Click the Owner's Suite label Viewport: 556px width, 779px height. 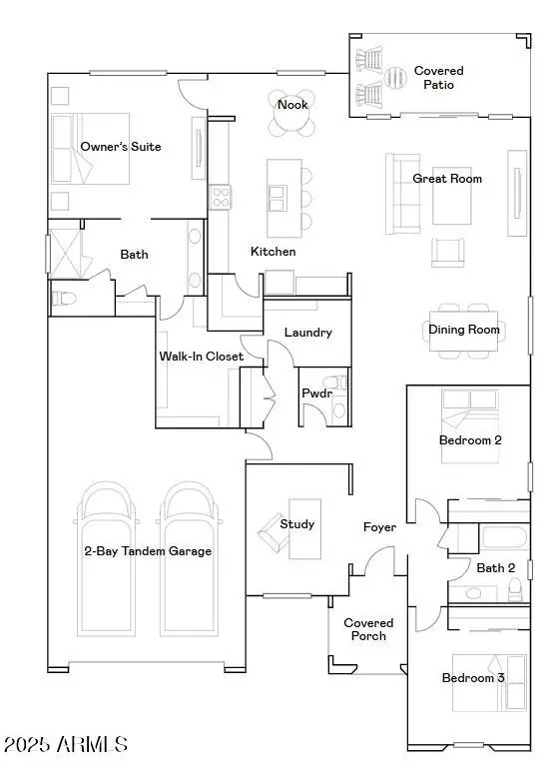(x=121, y=147)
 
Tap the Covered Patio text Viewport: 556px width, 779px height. (x=439, y=78)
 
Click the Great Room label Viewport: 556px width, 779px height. (x=447, y=179)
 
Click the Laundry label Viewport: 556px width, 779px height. (x=307, y=333)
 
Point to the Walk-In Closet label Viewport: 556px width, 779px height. (x=202, y=357)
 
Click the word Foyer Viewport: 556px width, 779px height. (x=379, y=527)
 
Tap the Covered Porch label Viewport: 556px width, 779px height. (x=368, y=629)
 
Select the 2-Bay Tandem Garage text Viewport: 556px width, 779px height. (x=148, y=550)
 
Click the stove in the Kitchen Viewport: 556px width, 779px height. (x=220, y=197)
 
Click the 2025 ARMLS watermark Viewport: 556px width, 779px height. (x=66, y=745)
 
